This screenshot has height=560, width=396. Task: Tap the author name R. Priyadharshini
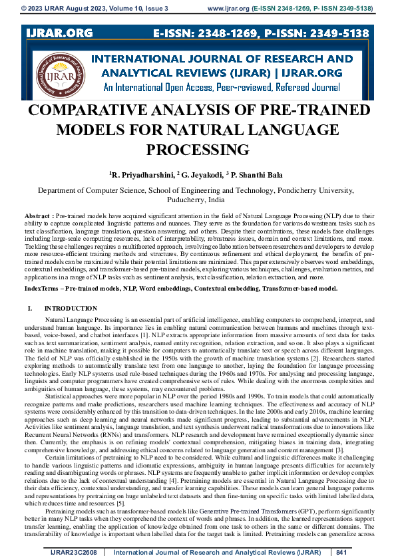(141, 174)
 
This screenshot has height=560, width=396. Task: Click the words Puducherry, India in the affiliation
(198, 199)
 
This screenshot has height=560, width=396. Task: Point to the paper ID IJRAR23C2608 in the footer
(75, 552)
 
